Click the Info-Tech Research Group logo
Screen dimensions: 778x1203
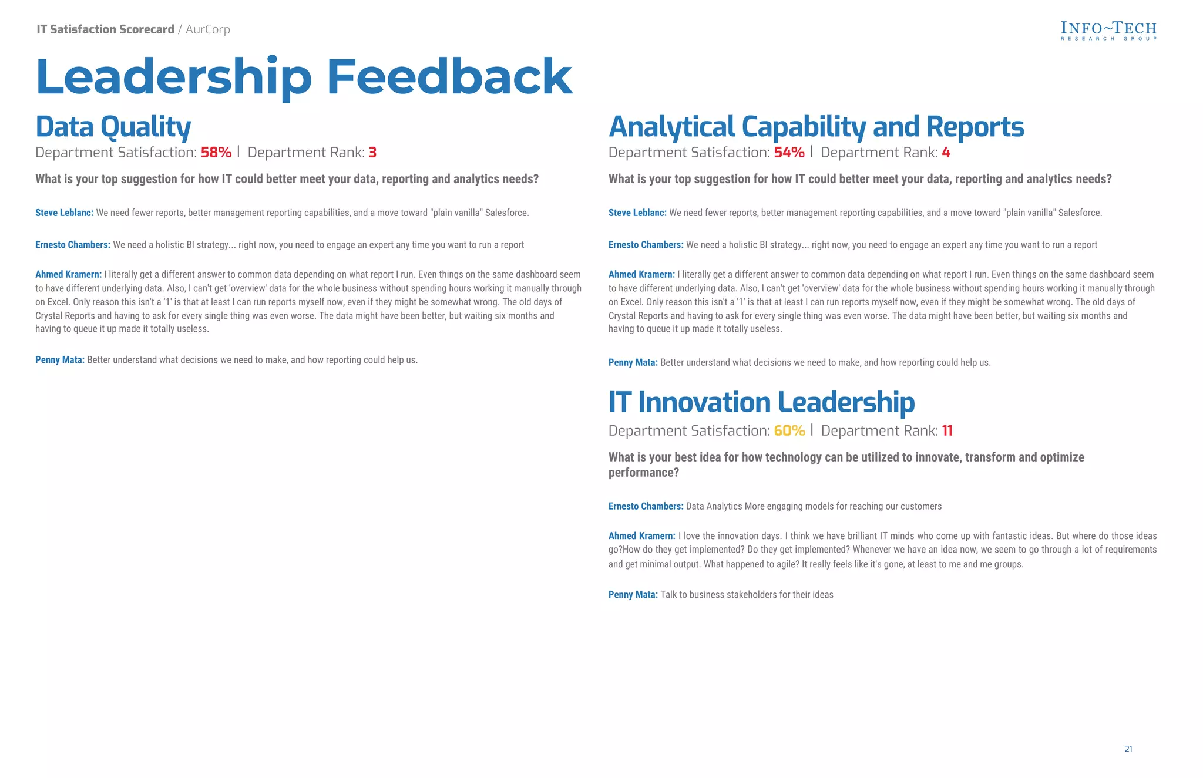(x=1108, y=31)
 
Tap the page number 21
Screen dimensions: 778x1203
(x=1128, y=749)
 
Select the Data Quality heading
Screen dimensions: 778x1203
(x=113, y=127)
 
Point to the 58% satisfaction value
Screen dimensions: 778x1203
(x=216, y=153)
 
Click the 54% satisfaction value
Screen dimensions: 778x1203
(x=789, y=153)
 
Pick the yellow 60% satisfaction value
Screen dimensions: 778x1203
(x=789, y=430)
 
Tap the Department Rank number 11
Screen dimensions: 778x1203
(x=947, y=430)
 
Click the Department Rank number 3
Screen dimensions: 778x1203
(x=372, y=153)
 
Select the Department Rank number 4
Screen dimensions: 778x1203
(x=946, y=153)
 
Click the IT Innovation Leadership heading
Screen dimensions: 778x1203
(x=761, y=402)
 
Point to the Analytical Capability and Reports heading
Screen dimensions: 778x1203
(x=816, y=127)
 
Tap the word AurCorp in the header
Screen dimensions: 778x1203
(x=208, y=29)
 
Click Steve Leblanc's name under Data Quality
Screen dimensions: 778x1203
(x=64, y=213)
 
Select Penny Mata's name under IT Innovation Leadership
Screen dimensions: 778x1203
(x=633, y=595)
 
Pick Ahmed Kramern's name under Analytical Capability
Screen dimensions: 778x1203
(x=641, y=274)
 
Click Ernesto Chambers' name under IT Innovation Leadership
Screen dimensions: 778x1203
(x=646, y=506)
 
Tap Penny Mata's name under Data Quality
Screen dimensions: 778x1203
(x=59, y=360)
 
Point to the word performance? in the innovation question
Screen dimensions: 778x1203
(x=643, y=473)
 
